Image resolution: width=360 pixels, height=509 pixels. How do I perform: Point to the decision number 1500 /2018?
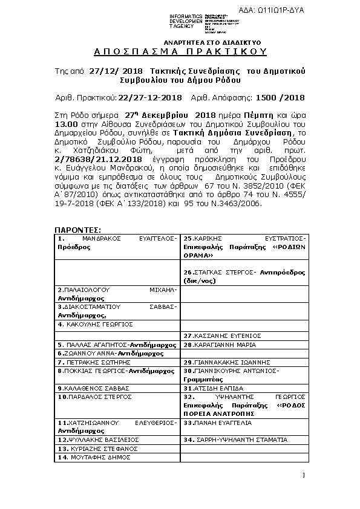click(281, 97)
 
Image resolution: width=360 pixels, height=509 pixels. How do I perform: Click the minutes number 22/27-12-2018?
click(149, 97)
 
